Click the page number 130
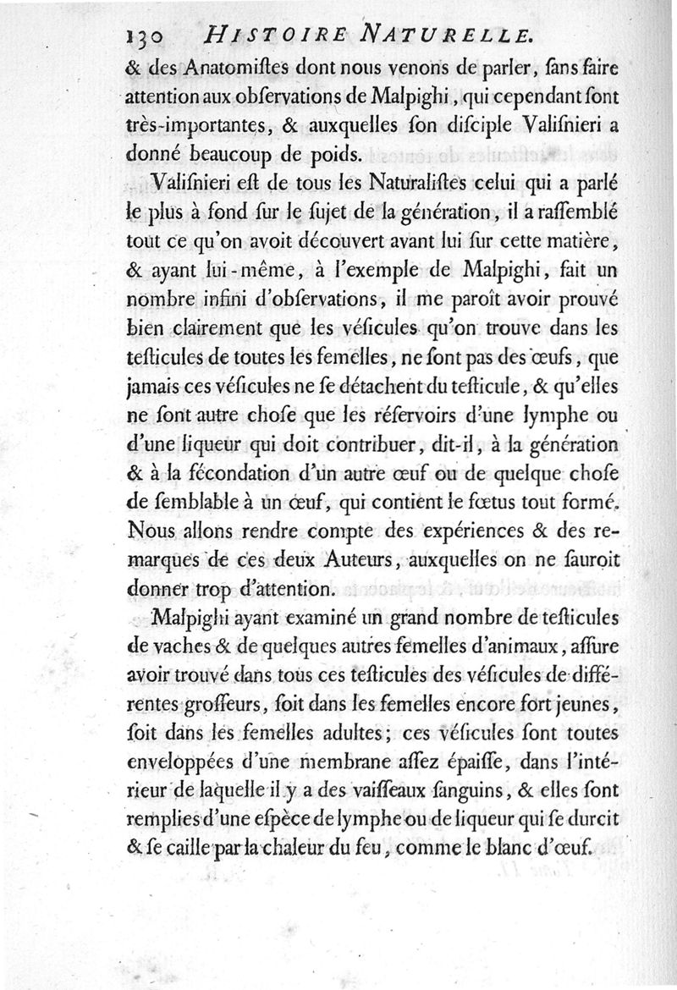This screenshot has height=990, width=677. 146,35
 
